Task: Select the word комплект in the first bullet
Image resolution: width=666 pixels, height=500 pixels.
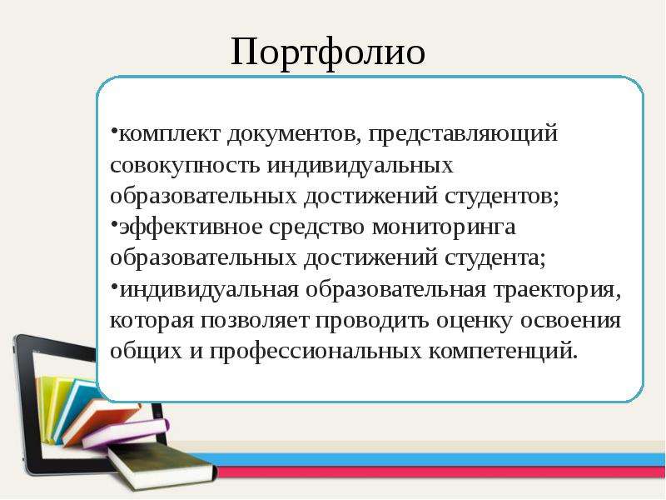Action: pos(170,134)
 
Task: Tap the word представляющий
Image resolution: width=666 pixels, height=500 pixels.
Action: pos(463,135)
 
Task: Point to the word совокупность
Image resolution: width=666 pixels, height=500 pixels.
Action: pos(185,165)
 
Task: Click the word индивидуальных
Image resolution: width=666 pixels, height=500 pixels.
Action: pos(360,165)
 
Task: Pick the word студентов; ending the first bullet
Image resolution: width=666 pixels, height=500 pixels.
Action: pos(502,197)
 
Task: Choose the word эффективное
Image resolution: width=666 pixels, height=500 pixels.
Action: pos(191,227)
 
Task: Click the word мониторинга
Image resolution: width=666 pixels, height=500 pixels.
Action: pos(444,227)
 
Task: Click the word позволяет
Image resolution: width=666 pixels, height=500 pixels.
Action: pos(255,322)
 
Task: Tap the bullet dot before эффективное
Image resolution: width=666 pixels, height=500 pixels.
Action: pos(114,222)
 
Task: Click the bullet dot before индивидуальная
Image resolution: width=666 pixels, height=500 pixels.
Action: pos(114,284)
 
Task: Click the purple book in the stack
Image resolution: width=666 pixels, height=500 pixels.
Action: pos(127,432)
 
